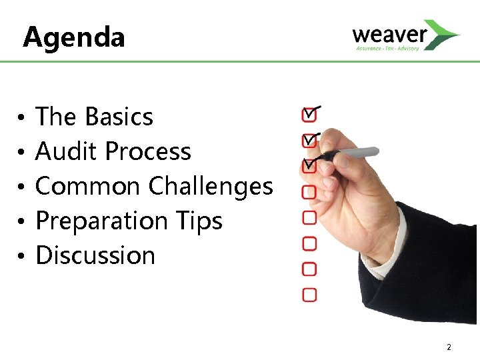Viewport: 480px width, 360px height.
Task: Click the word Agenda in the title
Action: (73, 37)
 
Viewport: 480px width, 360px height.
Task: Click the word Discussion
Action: (95, 255)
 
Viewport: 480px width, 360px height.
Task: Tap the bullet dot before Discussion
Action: (22, 256)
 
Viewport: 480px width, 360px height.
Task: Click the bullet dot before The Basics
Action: (22, 117)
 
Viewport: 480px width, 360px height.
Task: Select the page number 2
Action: (449, 347)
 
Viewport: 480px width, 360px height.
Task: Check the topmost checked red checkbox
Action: (309, 115)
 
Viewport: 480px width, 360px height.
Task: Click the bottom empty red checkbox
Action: (309, 294)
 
